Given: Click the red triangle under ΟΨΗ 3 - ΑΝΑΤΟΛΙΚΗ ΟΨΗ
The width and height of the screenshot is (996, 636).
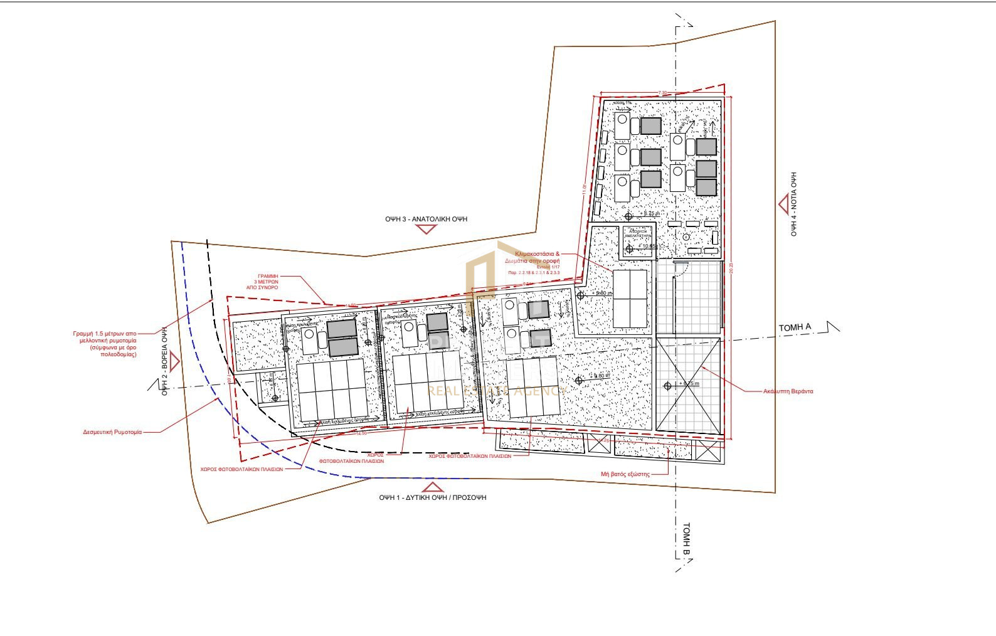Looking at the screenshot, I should point(427,230).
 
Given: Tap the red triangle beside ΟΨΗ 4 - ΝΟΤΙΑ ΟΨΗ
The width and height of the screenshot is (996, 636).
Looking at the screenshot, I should point(784,204).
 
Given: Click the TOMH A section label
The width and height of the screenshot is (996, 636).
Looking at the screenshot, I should point(795,327).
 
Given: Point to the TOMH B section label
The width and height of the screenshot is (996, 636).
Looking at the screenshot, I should point(686,540).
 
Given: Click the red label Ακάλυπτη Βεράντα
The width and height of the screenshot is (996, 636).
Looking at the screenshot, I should point(788,391).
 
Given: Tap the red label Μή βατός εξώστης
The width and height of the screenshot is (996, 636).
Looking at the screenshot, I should point(625,474).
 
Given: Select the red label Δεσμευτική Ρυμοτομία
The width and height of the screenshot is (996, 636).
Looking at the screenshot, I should point(112,432).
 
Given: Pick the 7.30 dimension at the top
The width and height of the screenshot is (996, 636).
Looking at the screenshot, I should point(662,93).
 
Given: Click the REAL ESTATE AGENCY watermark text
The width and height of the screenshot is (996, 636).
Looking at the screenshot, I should point(495,391).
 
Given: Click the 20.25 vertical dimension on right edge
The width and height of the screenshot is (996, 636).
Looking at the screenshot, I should point(731,267).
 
